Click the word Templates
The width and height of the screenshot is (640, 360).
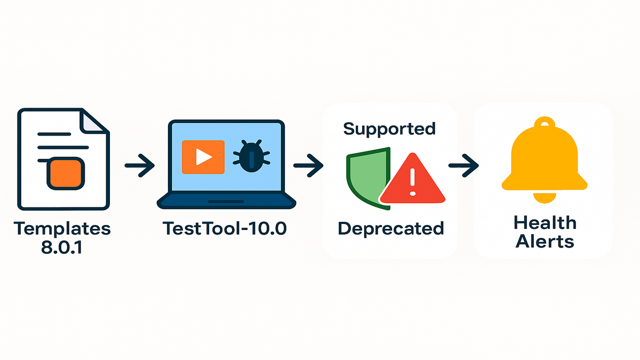[x=63, y=229]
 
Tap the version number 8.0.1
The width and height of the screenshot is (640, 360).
[x=63, y=247]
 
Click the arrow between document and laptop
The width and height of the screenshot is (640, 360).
[x=139, y=166]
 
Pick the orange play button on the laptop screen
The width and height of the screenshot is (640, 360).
[x=203, y=157]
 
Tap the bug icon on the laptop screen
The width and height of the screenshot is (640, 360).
[x=251, y=157]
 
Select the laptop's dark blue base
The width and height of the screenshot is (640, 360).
[x=226, y=201]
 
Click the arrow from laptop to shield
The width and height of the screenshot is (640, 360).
[x=308, y=166]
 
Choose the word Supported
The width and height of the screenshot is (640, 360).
[x=389, y=129]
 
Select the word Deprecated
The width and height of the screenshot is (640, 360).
[x=390, y=228]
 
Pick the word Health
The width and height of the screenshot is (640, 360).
[x=545, y=222]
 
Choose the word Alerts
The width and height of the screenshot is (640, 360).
[x=545, y=241]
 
